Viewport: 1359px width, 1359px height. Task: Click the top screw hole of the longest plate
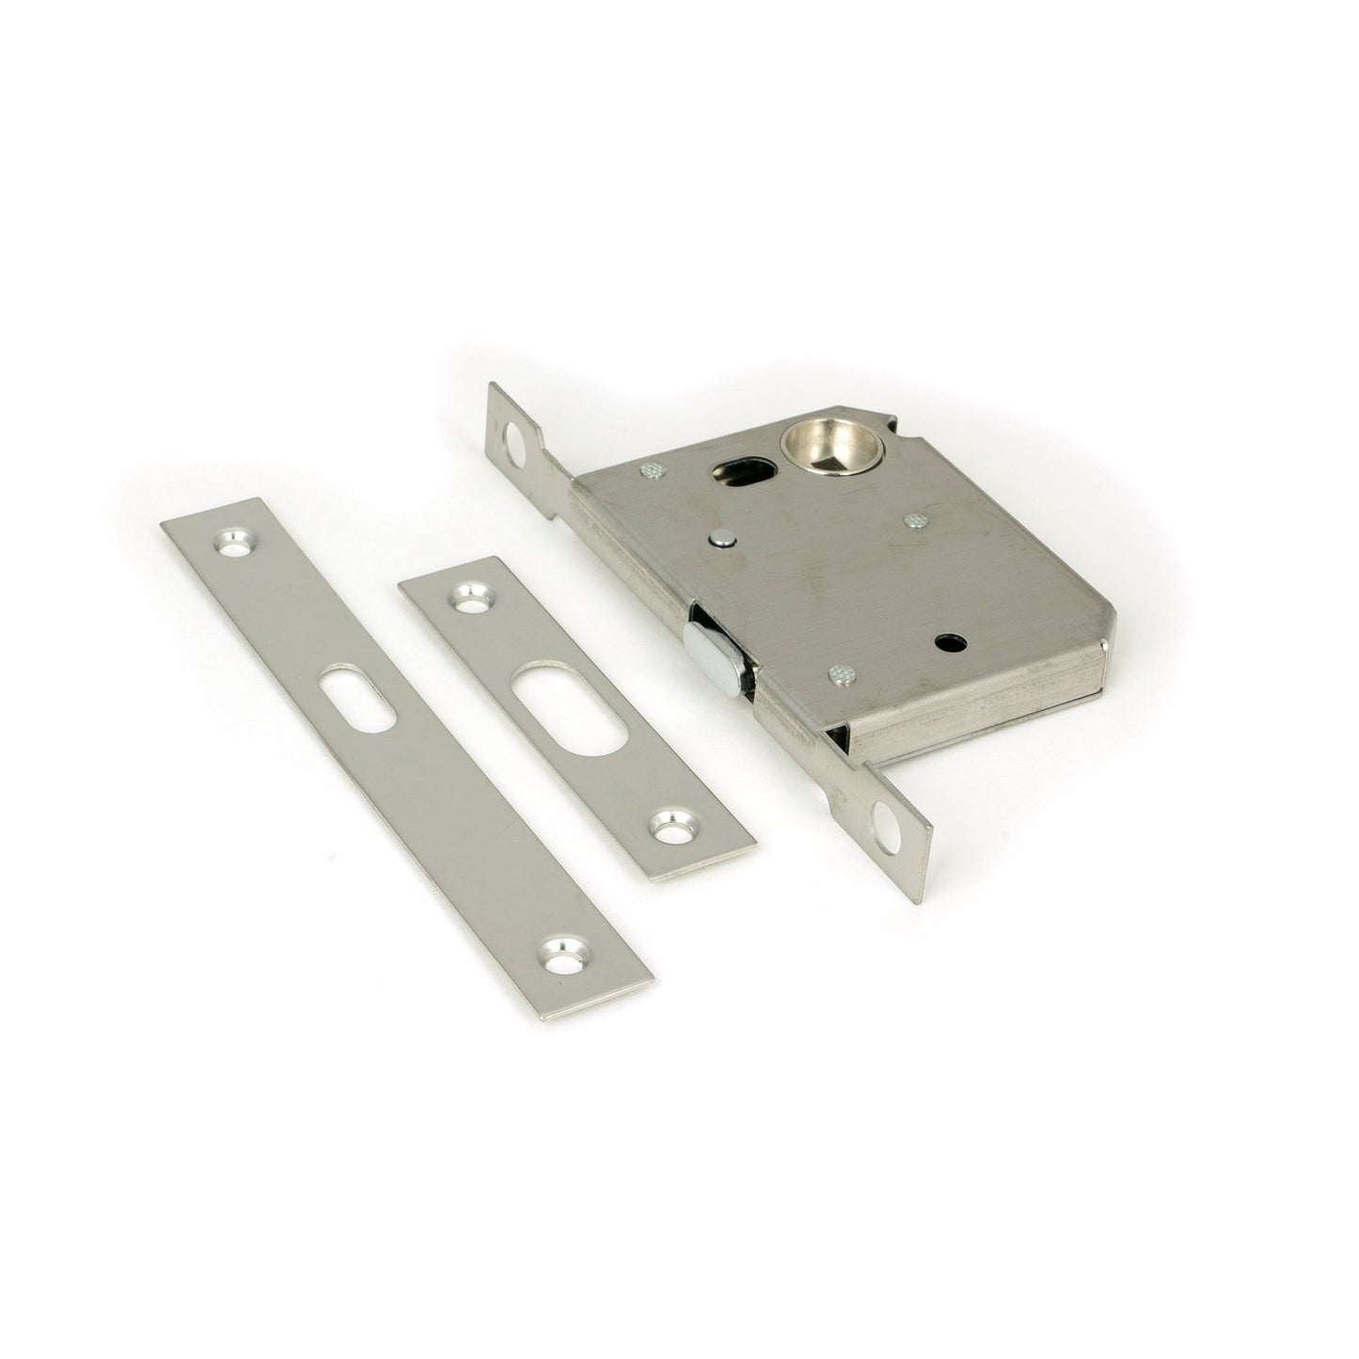point(232,543)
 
